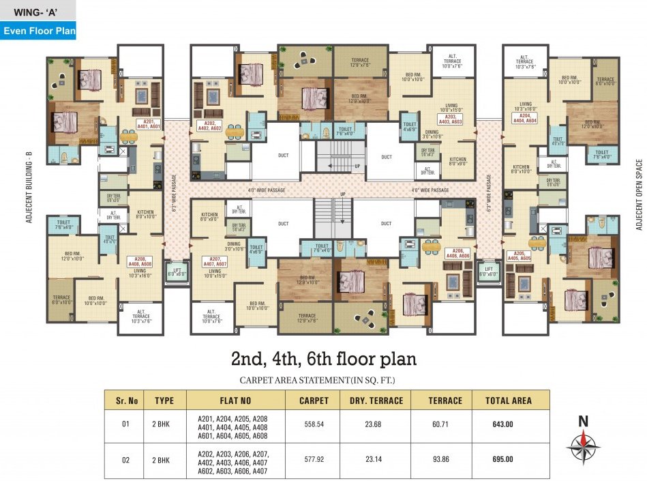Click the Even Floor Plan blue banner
38,31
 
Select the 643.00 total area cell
502,424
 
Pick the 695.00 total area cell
502,460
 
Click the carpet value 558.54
314,424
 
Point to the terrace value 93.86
445,460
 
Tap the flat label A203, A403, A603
449,119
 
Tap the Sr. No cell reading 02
125,460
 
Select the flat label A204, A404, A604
523,117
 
